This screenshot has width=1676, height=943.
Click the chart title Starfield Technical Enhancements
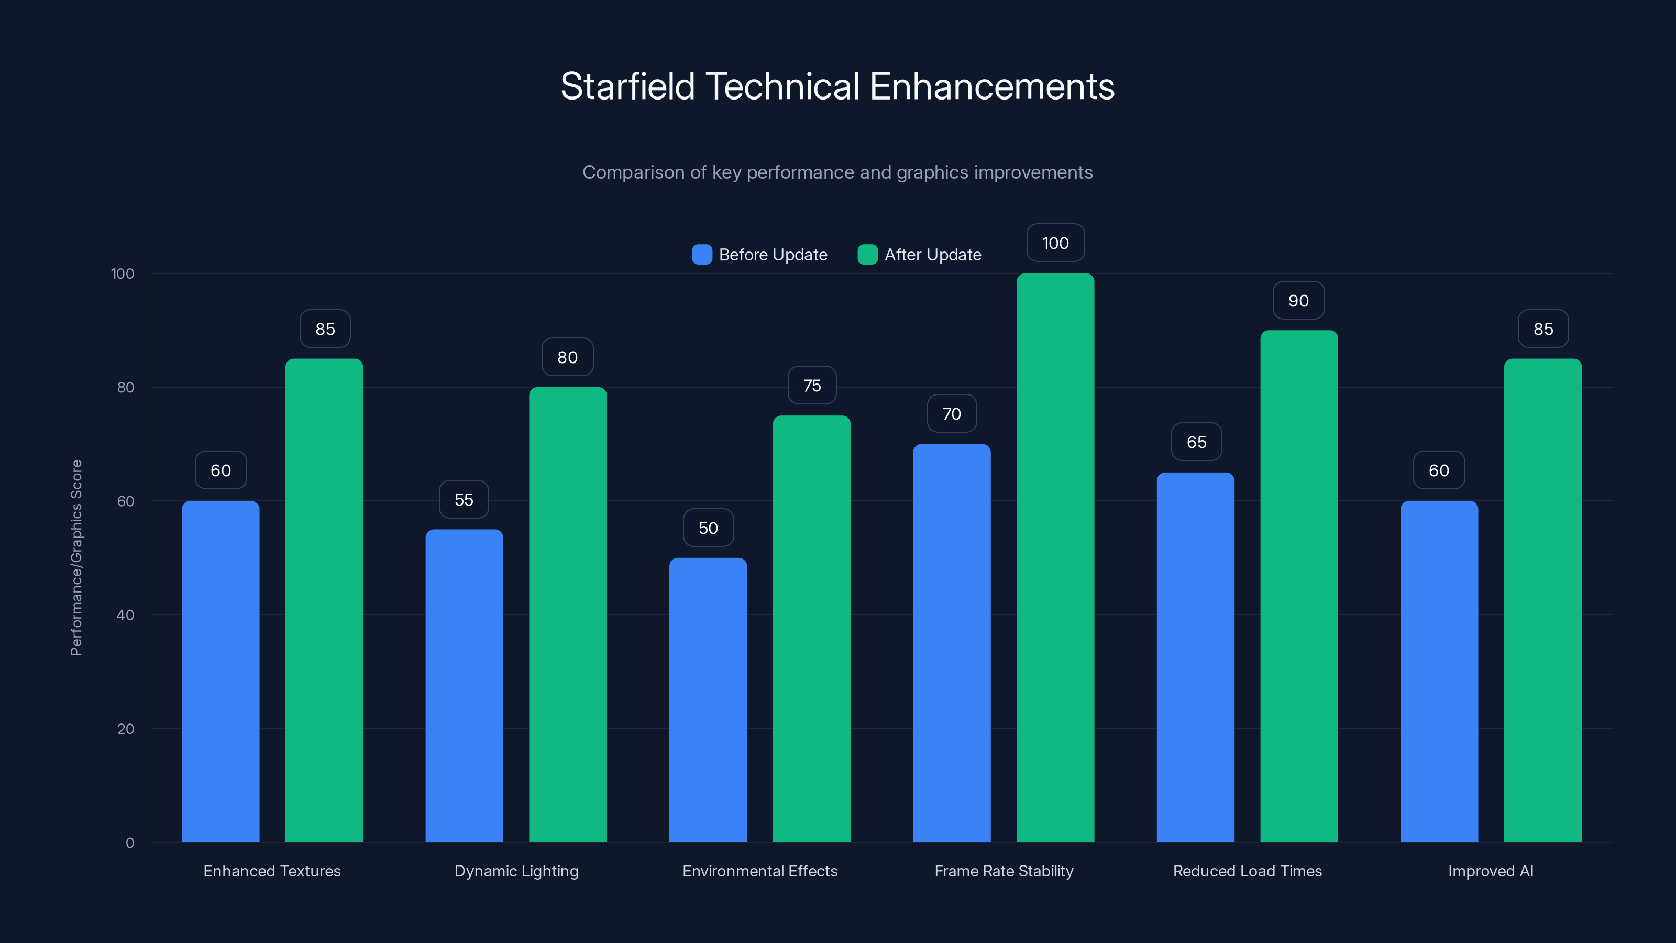coord(837,86)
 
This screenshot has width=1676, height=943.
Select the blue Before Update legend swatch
coord(702,255)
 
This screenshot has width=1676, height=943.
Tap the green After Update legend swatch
coord(867,255)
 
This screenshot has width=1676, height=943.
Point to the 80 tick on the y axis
coord(126,387)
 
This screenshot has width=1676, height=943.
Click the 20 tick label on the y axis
coord(126,729)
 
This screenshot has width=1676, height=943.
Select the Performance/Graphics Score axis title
coord(76,558)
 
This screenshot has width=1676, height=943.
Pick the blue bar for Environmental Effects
coord(708,699)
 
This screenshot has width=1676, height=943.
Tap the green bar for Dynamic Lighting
coord(567,615)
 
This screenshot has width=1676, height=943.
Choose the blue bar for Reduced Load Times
coord(1195,657)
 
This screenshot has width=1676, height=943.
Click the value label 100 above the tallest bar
coord(1055,243)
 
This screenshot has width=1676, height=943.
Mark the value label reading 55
coord(464,499)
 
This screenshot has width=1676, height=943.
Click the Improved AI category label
coord(1491,871)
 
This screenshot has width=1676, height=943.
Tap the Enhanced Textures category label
coord(272,871)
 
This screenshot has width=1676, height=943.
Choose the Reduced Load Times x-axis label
coord(1247,871)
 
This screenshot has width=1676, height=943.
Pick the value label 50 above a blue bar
coord(708,528)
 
